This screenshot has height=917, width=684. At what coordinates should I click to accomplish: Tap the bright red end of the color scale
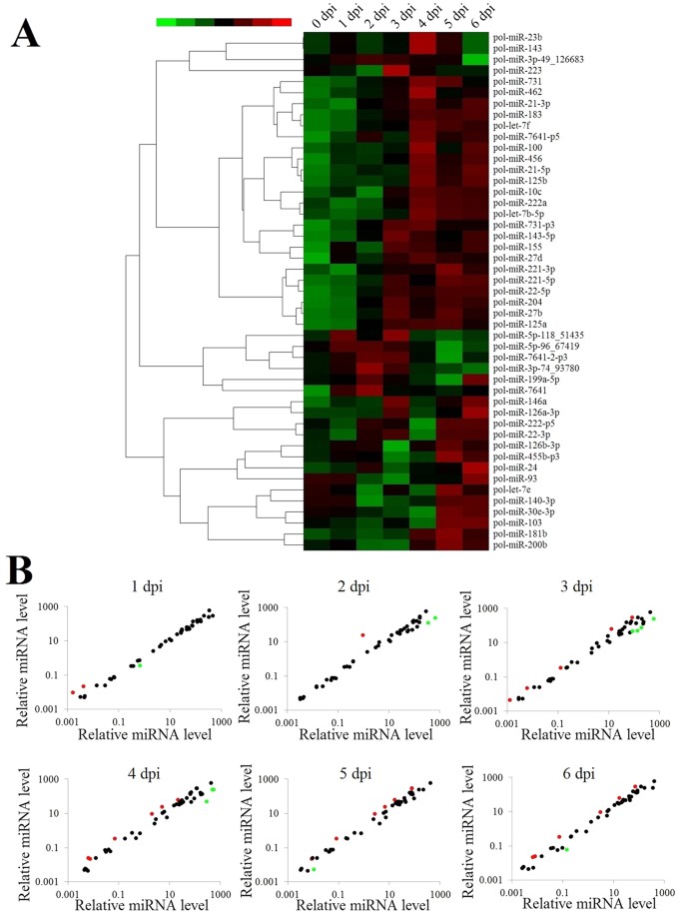pos(282,21)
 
